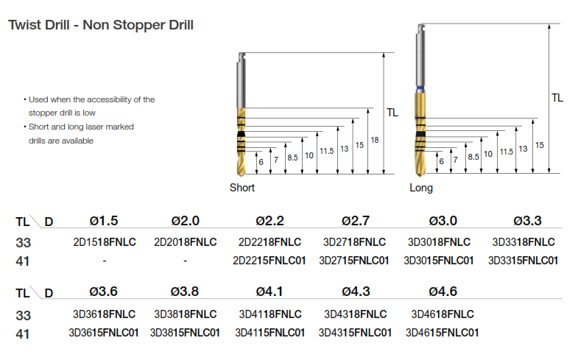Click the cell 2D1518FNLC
click(x=105, y=242)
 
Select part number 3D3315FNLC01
click(x=523, y=261)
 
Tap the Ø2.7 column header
click(x=356, y=221)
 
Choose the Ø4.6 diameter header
click(x=443, y=292)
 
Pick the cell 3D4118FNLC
click(x=270, y=314)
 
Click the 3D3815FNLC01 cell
click(x=185, y=333)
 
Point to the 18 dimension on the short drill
click(x=375, y=140)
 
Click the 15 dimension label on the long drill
click(x=539, y=145)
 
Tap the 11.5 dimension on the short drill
click(x=327, y=151)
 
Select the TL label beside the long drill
click(x=557, y=98)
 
